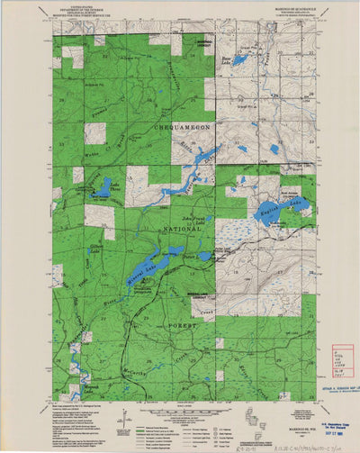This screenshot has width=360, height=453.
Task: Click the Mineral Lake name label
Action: (x=139, y=265)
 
